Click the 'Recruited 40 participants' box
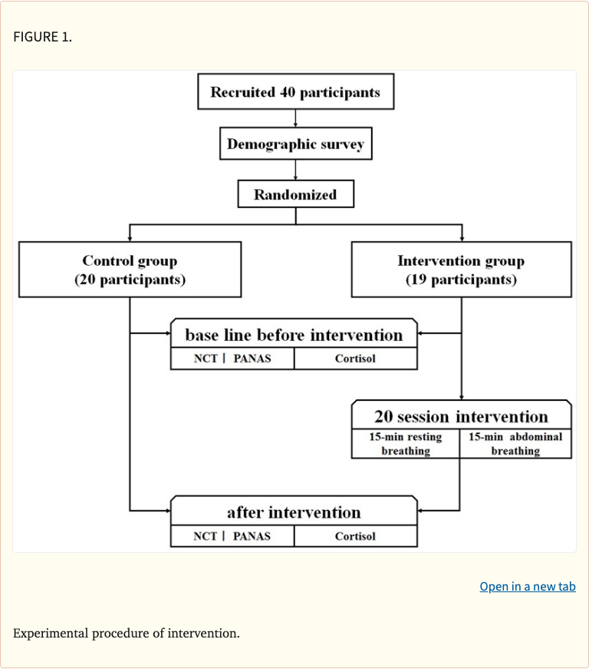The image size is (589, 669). pyautogui.click(x=295, y=93)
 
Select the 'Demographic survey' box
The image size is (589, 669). pyautogui.click(x=295, y=144)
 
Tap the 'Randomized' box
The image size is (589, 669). pyautogui.click(x=295, y=194)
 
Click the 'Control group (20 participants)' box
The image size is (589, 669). pyautogui.click(x=130, y=270)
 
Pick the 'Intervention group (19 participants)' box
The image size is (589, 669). pyautogui.click(x=461, y=270)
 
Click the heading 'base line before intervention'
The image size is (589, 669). pyautogui.click(x=294, y=335)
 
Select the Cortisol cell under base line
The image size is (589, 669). pyautogui.click(x=355, y=359)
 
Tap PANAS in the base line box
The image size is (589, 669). pyautogui.click(x=252, y=359)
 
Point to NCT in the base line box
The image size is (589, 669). pyautogui.click(x=206, y=359)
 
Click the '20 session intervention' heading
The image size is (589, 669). pyautogui.click(x=461, y=416)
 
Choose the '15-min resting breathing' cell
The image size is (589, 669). pyautogui.click(x=406, y=444)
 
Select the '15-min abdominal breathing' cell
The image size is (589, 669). pyautogui.click(x=515, y=444)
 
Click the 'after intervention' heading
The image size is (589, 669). pyautogui.click(x=294, y=512)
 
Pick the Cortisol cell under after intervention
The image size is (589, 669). pyautogui.click(x=355, y=536)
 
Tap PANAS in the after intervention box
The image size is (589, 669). pyautogui.click(x=252, y=536)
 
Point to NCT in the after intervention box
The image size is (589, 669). pyautogui.click(x=206, y=536)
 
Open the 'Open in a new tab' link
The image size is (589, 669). pyautogui.click(x=527, y=587)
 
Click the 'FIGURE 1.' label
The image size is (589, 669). pyautogui.click(x=43, y=37)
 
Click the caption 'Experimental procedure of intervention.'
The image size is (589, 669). pyautogui.click(x=127, y=634)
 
